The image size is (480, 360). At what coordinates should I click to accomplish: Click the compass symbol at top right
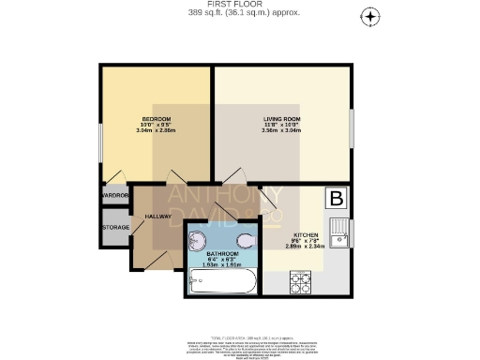click(371, 17)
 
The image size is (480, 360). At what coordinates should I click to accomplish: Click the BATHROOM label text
click(222, 254)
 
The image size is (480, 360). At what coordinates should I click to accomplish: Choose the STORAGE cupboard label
click(115, 227)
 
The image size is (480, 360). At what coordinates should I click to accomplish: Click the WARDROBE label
click(114, 196)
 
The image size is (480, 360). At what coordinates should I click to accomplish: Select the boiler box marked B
click(335, 199)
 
